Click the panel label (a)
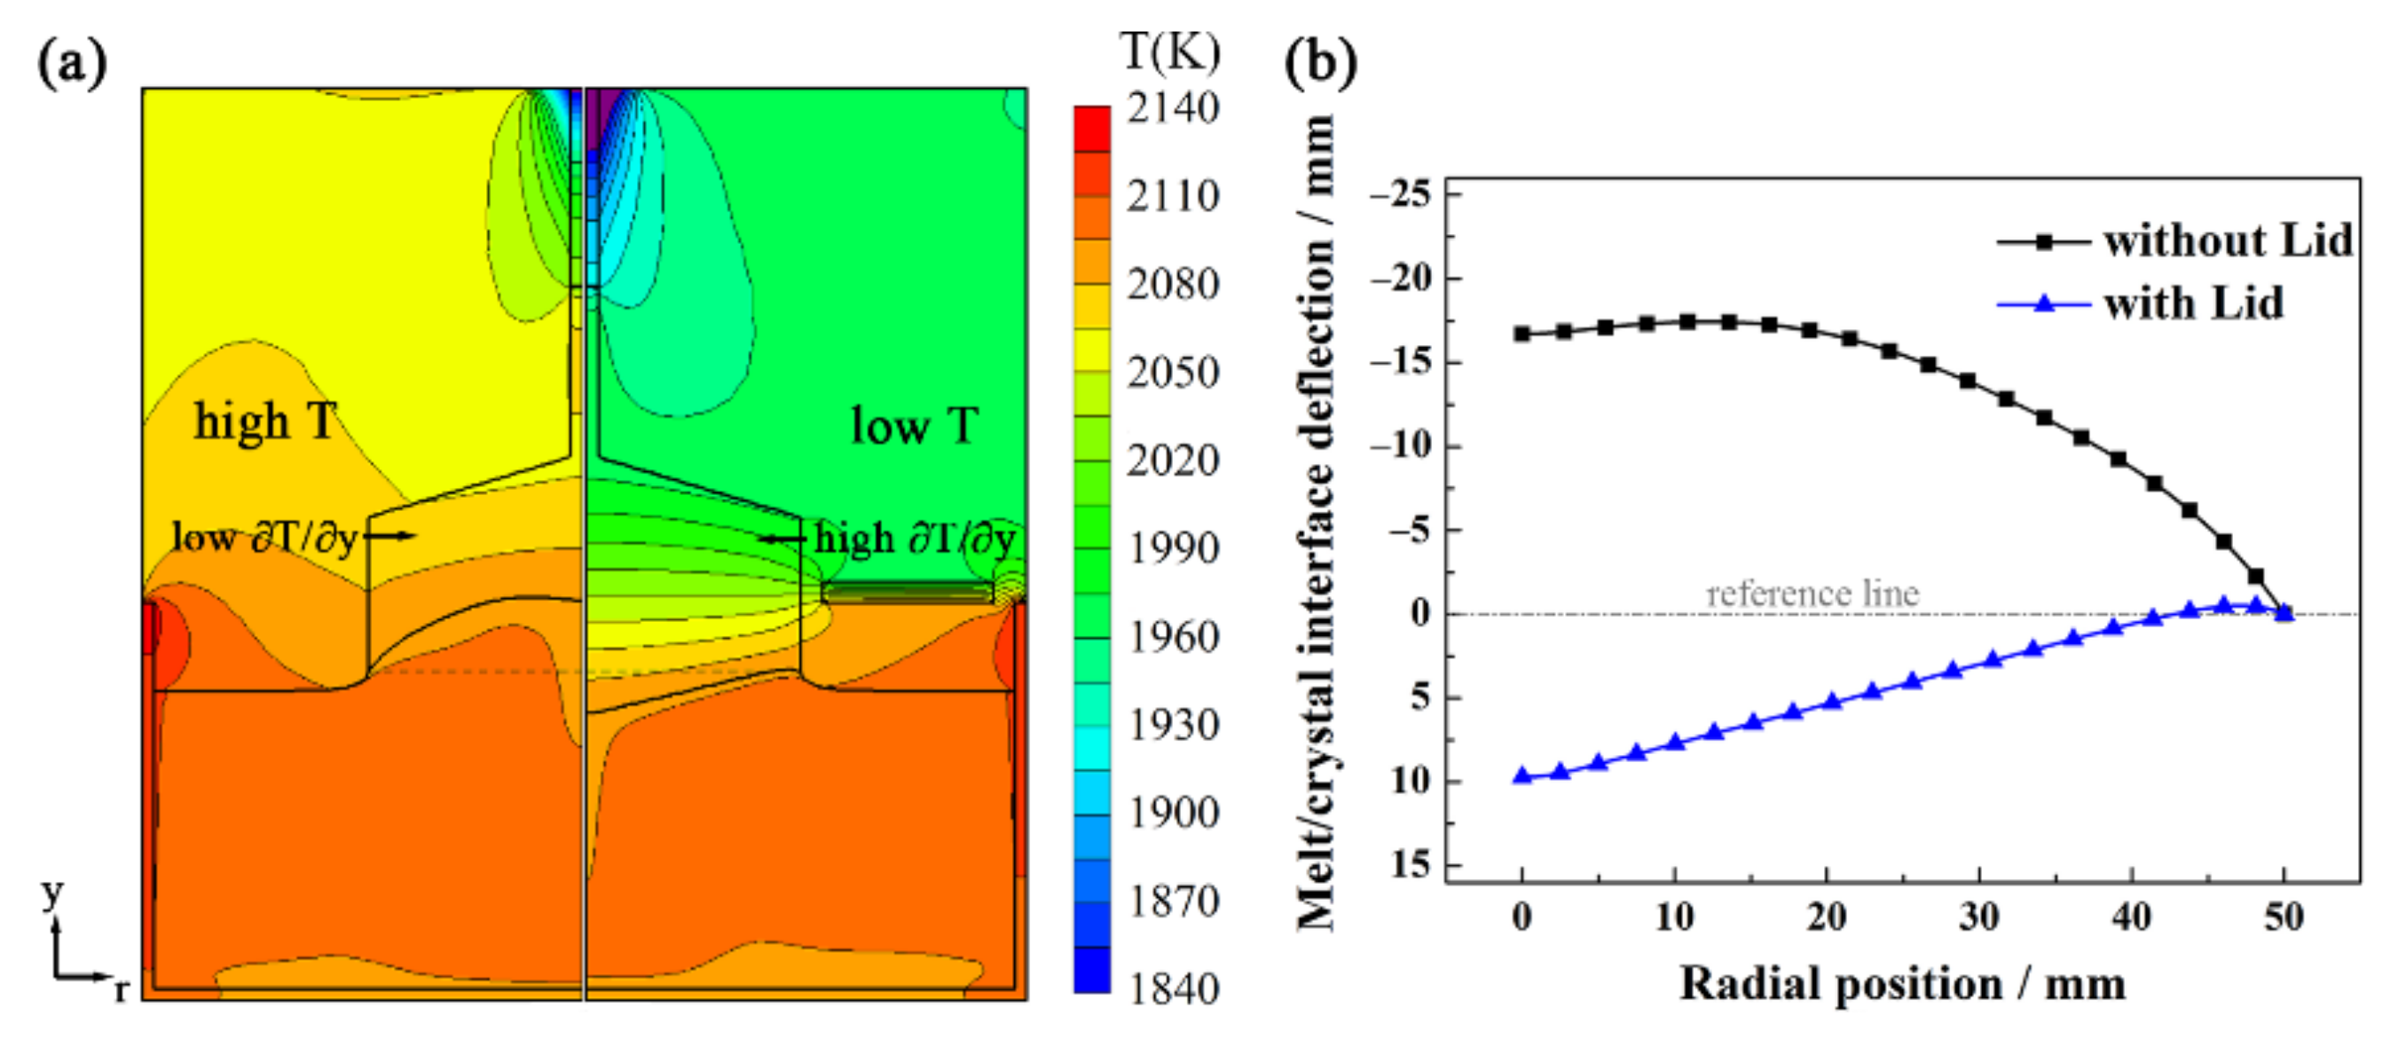[72, 64]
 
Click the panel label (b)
[1320, 64]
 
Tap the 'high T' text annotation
[264, 421]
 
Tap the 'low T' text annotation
[914, 426]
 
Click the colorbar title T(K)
[1169, 51]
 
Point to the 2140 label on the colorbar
[1172, 108]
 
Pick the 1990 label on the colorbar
[1172, 548]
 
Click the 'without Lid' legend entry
[2227, 241]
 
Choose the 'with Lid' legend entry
[2192, 303]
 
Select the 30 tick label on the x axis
[1978, 917]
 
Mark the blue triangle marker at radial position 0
[1522, 775]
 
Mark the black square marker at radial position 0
[1522, 334]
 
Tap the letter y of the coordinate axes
[52, 893]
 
